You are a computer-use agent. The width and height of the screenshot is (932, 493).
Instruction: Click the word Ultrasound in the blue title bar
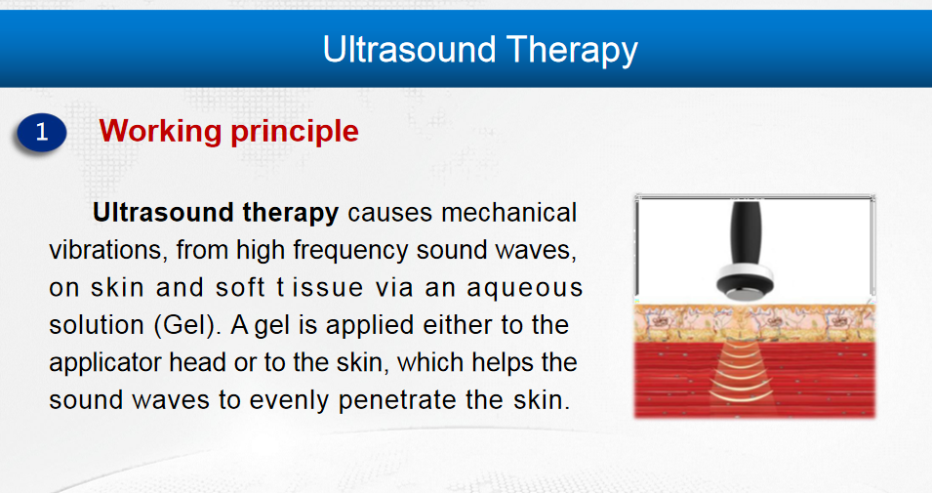click(x=409, y=49)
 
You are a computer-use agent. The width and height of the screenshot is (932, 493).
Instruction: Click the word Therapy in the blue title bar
click(x=572, y=51)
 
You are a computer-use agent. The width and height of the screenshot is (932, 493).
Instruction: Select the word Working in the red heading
click(x=160, y=132)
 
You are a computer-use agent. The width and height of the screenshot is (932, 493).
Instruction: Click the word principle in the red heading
click(x=295, y=132)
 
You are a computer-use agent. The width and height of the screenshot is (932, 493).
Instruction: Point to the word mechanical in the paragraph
click(x=509, y=213)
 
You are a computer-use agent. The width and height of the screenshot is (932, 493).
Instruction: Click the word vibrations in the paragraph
click(x=105, y=250)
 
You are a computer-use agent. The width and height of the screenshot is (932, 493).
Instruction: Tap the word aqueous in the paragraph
click(x=525, y=289)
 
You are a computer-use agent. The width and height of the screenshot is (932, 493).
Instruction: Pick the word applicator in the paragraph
click(x=105, y=363)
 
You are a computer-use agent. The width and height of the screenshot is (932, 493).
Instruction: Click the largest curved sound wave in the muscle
click(x=741, y=395)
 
